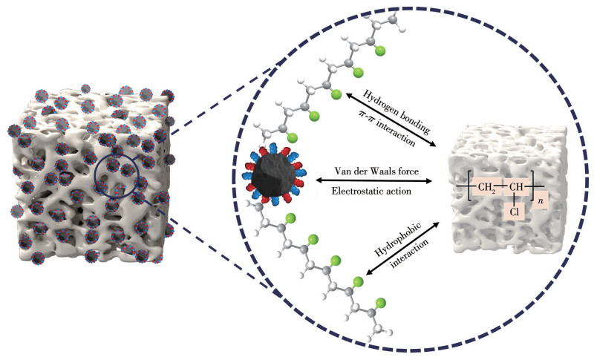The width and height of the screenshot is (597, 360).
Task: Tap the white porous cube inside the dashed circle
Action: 512,183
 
